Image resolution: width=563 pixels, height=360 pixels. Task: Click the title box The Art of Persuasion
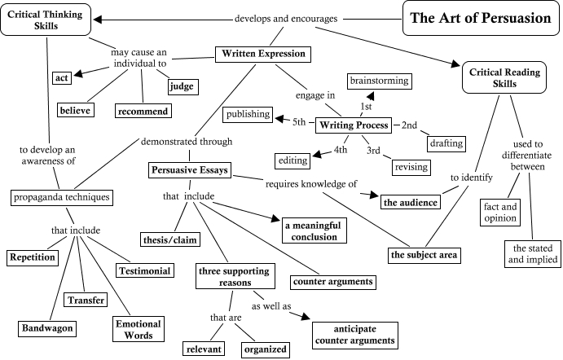480,19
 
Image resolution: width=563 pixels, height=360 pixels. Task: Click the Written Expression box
264,55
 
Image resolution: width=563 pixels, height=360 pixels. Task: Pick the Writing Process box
354,125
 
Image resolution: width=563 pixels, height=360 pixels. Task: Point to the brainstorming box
379,81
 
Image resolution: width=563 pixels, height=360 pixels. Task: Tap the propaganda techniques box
62,197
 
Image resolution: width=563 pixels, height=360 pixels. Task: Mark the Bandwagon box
48,328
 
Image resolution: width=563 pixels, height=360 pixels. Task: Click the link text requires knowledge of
311,184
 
